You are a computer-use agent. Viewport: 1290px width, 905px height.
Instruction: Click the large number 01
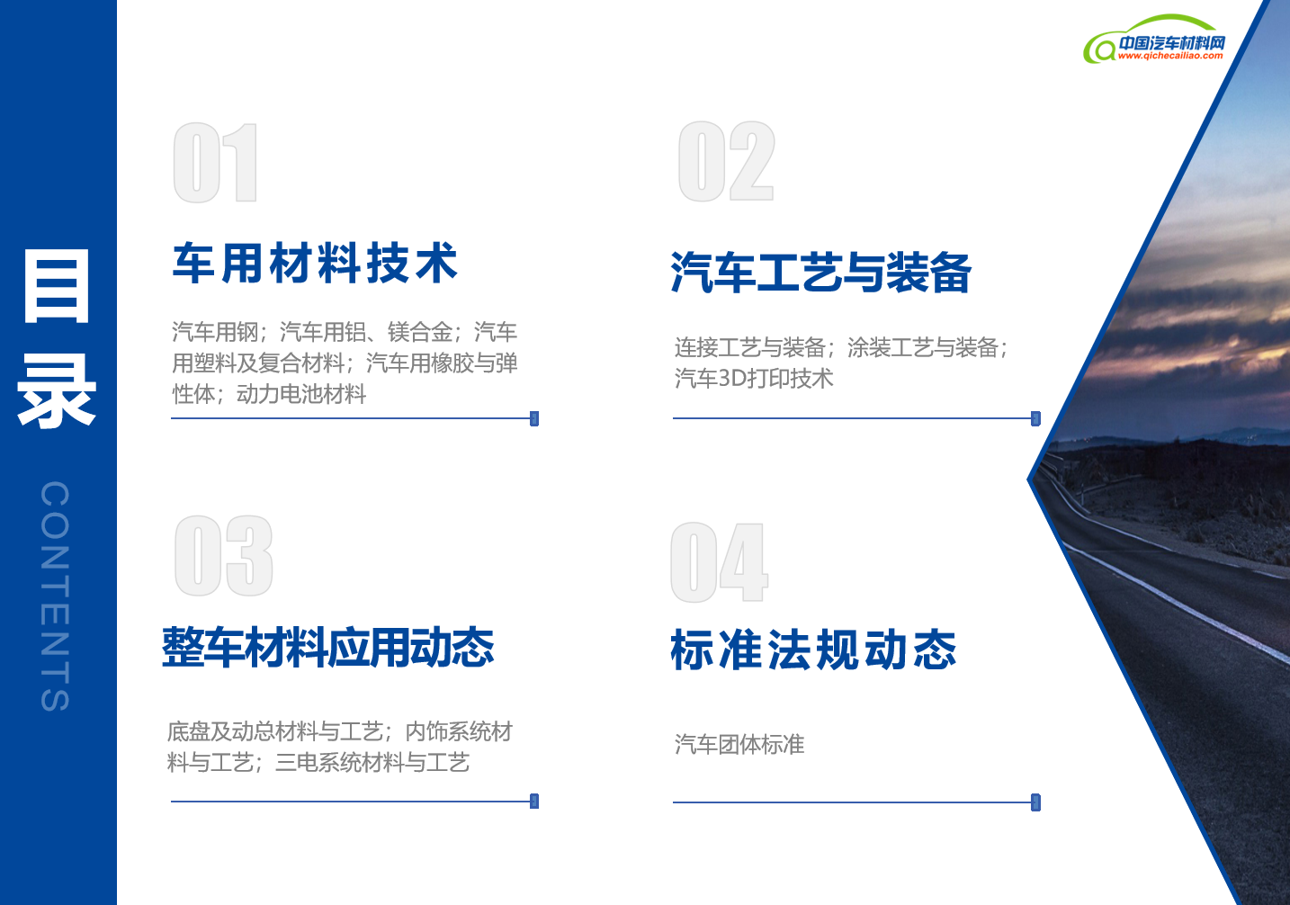point(215,163)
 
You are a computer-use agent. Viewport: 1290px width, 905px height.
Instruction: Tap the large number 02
point(726,161)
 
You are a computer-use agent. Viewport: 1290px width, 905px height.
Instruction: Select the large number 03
point(223,556)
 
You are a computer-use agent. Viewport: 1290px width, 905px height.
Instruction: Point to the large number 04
point(720,562)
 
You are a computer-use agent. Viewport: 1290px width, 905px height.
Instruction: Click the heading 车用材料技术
point(315,264)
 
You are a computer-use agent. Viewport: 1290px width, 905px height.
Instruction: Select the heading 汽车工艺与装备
point(821,273)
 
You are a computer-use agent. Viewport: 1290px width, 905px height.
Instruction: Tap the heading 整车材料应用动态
point(328,648)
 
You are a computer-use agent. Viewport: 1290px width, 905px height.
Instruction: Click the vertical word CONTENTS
point(55,596)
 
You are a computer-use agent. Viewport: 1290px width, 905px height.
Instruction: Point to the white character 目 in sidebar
point(57,286)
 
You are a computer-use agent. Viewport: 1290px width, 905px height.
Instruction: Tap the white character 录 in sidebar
point(57,391)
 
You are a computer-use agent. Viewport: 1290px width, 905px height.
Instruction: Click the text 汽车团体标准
point(739,744)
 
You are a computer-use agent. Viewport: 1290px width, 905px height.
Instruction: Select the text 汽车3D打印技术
point(754,379)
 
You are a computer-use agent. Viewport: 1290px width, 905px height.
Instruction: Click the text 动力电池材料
point(301,394)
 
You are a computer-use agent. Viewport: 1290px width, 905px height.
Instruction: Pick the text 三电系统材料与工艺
point(372,763)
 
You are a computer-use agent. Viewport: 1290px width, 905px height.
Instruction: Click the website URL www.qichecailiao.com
point(1170,56)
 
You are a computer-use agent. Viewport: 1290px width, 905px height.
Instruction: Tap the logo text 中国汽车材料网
point(1172,42)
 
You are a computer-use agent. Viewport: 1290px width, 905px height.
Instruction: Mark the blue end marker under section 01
point(534,419)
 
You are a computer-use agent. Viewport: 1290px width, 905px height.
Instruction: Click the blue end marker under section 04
point(1035,802)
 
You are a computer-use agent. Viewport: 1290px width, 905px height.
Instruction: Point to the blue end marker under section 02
point(1035,419)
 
